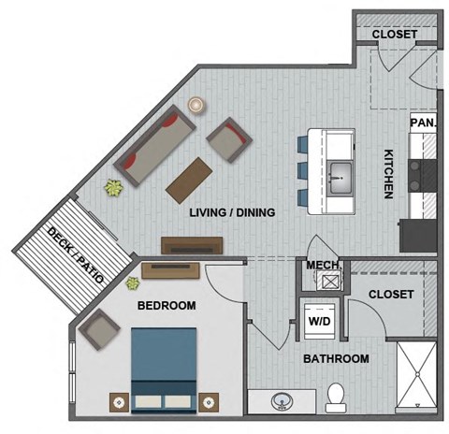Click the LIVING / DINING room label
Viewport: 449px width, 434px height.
coord(232,213)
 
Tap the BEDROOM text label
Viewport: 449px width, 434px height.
coord(167,306)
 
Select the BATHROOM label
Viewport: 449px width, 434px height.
coord(335,358)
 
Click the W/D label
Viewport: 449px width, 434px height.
coord(318,322)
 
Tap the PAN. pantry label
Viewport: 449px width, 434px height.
coord(422,123)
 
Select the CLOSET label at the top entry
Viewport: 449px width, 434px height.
coord(394,35)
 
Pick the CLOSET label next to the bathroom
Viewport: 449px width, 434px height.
coord(391,295)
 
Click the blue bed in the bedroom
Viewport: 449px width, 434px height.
coord(164,368)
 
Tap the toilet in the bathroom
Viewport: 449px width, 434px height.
coord(335,398)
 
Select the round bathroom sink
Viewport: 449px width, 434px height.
coord(279,402)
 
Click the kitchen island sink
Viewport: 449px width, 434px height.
coord(340,173)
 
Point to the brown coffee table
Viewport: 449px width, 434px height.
coord(189,178)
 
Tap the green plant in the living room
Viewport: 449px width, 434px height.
coord(114,188)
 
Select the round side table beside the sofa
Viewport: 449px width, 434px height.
coord(196,106)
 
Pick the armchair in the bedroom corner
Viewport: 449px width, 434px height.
coord(100,327)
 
